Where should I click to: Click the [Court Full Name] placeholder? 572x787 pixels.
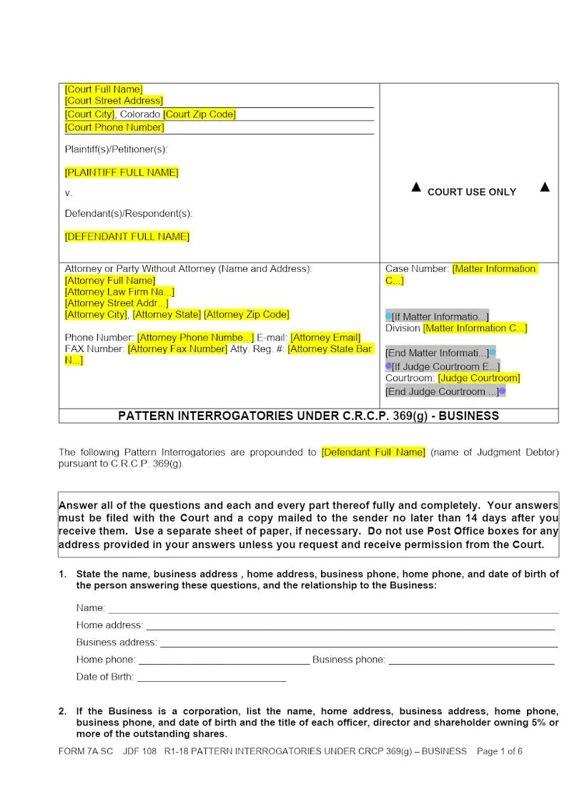(104, 89)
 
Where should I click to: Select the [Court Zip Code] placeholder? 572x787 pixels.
(199, 114)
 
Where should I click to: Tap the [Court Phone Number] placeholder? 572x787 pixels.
(114, 127)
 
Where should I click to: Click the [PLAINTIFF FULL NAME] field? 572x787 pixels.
(122, 172)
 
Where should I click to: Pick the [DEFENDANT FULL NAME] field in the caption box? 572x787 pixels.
(127, 236)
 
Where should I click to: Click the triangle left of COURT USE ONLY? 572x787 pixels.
(416, 187)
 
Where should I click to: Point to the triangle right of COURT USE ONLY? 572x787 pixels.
(545, 187)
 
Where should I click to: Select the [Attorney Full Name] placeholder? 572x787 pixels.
(110, 280)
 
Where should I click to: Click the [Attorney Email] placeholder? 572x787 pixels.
(325, 338)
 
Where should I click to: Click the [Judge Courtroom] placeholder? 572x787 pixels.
(479, 378)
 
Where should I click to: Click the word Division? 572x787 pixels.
(403, 328)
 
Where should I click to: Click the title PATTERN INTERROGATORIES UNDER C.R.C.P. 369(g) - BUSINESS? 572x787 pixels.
(308, 416)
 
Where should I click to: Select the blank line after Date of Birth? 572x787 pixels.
(211, 678)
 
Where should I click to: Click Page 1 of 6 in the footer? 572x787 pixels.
(500, 751)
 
